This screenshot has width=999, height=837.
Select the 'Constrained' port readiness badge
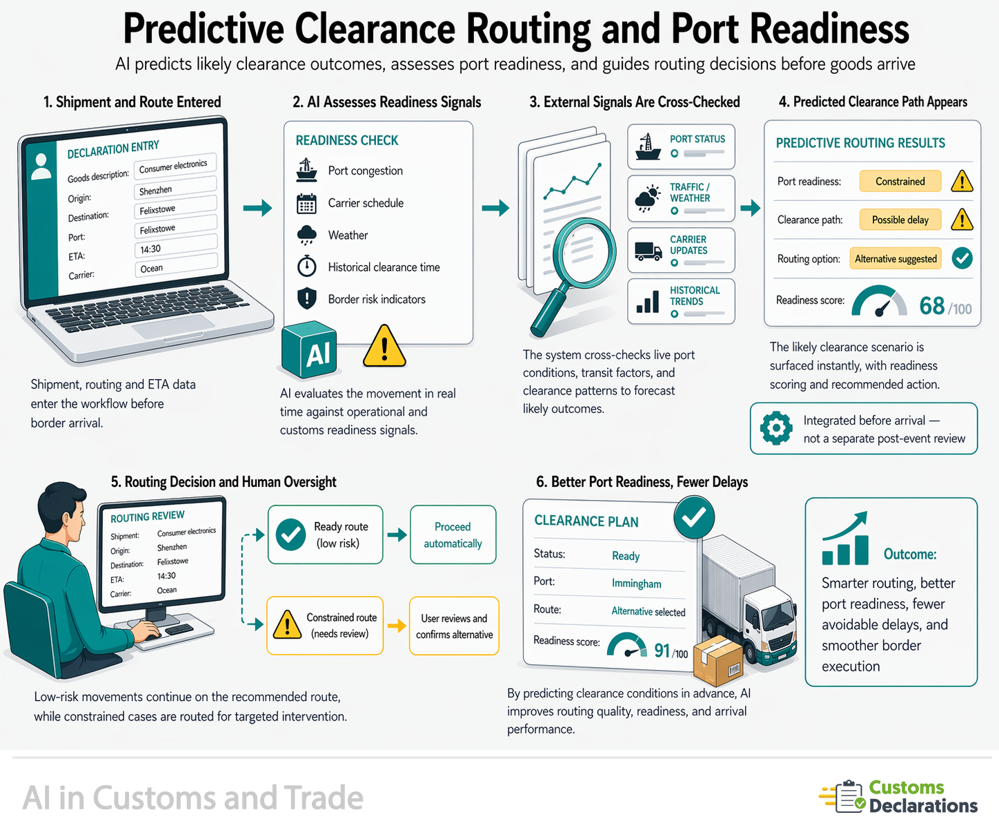(x=900, y=181)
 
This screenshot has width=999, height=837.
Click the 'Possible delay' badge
(x=900, y=220)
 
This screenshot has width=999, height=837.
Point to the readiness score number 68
(x=932, y=305)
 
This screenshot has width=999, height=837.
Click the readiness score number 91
(x=662, y=651)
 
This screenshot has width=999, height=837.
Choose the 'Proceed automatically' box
(x=453, y=535)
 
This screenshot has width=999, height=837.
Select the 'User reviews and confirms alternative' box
(x=454, y=626)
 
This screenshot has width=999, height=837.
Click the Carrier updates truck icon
(x=648, y=251)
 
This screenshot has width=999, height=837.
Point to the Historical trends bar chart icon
(x=647, y=302)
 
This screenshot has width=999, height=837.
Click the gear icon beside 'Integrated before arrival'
(x=776, y=428)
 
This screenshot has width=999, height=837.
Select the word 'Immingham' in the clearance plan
(x=636, y=584)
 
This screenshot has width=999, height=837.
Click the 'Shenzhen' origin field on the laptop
(x=176, y=189)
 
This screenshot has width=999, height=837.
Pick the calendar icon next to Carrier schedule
(x=306, y=204)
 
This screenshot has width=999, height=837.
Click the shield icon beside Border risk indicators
(x=306, y=299)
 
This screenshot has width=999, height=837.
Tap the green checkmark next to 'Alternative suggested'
(x=962, y=258)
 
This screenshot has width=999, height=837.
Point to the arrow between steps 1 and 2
(x=257, y=208)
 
